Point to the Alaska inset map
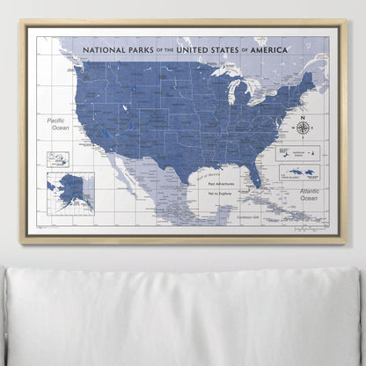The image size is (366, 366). (70, 187)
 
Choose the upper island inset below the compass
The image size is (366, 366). (299, 151)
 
